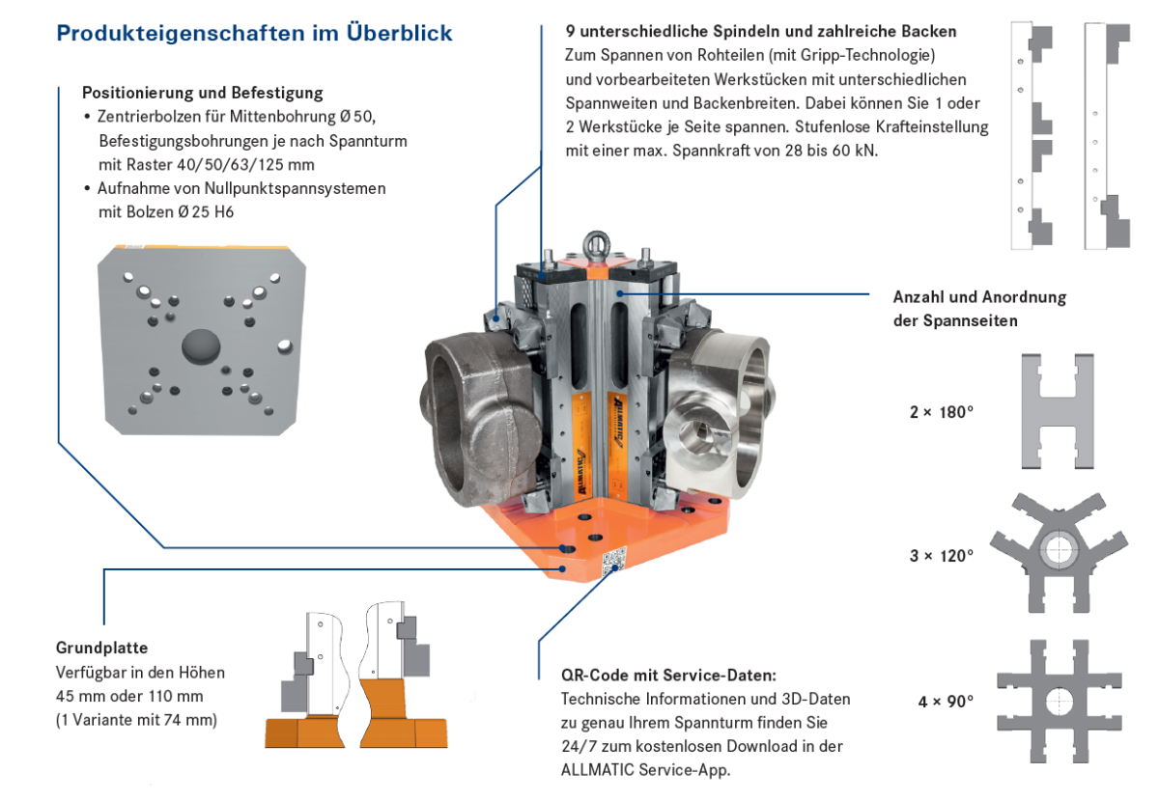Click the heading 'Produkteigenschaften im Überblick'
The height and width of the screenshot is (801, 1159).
254,33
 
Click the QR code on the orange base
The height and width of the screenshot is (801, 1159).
613,561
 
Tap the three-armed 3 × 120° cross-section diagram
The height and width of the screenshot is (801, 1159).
1058,550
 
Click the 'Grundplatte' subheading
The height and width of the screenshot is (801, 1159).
101,648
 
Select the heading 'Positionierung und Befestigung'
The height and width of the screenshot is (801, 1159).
202,94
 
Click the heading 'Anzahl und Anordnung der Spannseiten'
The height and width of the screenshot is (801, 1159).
979,309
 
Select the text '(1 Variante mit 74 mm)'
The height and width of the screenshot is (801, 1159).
136,719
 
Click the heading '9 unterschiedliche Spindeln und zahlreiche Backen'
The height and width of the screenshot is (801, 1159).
761,32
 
